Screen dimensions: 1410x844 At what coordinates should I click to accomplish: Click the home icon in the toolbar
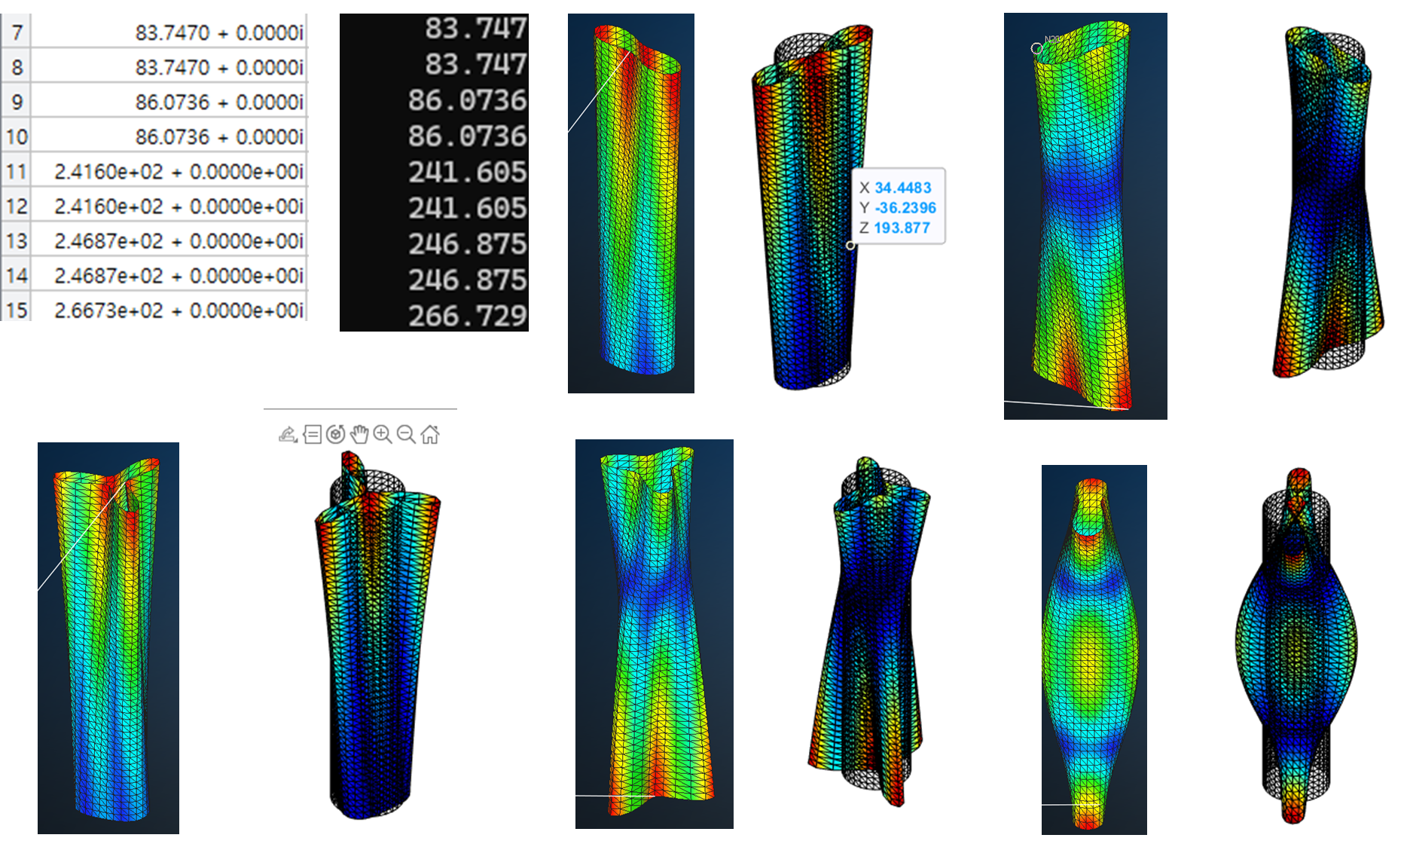coord(430,434)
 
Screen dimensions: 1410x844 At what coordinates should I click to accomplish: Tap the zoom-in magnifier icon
coord(383,434)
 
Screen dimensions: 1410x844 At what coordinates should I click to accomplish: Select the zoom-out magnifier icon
coord(406,434)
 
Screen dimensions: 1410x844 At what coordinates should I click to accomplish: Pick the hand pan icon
coord(359,434)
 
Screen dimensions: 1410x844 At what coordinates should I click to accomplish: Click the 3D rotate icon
coord(336,434)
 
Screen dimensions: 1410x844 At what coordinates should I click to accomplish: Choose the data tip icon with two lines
coord(312,434)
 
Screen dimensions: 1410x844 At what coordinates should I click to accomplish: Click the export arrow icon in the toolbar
coord(288,434)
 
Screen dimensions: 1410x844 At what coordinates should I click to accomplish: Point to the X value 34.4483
coord(903,188)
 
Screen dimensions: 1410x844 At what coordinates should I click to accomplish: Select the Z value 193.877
coord(902,228)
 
